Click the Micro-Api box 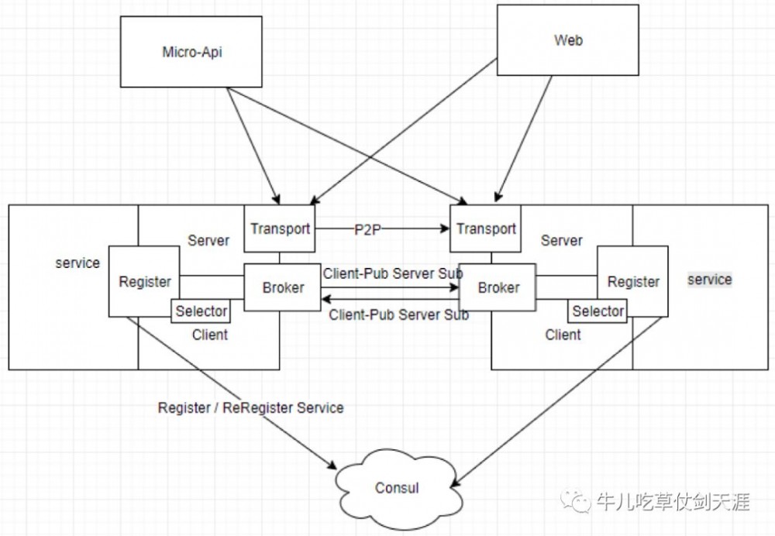point(191,53)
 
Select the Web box point(568,40)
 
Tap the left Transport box point(280,228)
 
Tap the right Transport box point(486,228)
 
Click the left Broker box point(283,287)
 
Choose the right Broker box point(498,287)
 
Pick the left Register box point(145,281)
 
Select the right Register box point(633,281)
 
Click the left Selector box point(201,311)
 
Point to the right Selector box point(598,311)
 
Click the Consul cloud point(397,487)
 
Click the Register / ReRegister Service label point(250,407)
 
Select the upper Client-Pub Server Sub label point(393,273)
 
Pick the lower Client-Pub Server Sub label point(398,314)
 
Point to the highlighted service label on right point(709,279)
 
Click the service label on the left point(77,263)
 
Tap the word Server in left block point(208,240)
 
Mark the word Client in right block point(563,335)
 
